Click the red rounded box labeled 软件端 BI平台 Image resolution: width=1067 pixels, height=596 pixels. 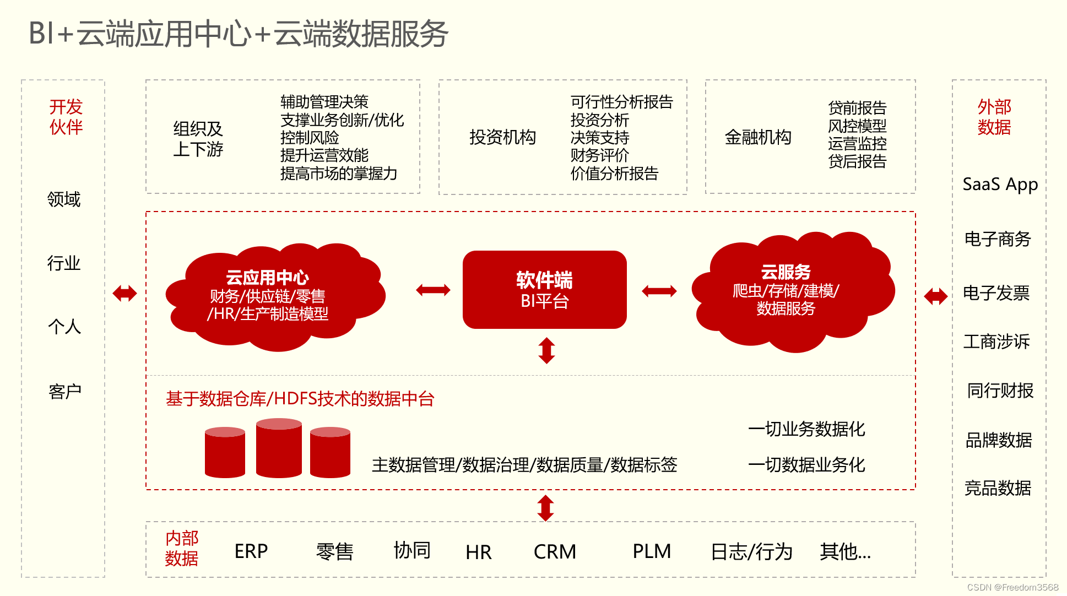click(544, 290)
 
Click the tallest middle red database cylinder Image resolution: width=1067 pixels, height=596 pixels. click(279, 447)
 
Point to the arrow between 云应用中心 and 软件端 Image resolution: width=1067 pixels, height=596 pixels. click(433, 290)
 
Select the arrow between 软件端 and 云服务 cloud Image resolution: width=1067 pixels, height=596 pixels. click(659, 291)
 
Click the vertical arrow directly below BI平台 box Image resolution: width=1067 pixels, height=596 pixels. click(546, 350)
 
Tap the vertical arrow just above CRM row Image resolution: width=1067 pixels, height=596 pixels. click(545, 507)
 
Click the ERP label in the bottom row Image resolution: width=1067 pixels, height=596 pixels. click(251, 551)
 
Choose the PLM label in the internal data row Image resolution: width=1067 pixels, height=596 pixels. click(651, 551)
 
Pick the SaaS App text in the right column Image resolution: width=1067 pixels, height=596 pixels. click(1000, 184)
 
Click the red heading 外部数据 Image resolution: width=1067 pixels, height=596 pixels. click(994, 117)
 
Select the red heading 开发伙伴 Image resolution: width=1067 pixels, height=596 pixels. click(66, 117)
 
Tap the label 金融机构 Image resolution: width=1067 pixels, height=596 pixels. click(757, 137)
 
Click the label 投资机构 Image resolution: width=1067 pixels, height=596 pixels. click(502, 137)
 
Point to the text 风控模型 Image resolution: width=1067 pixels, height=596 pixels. click(857, 126)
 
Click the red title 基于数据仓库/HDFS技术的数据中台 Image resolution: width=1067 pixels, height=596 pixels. click(300, 398)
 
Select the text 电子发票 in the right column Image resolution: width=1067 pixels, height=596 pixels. click(996, 293)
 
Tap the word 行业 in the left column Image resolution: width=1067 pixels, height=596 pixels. click(64, 263)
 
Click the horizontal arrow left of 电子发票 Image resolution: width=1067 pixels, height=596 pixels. click(935, 296)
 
